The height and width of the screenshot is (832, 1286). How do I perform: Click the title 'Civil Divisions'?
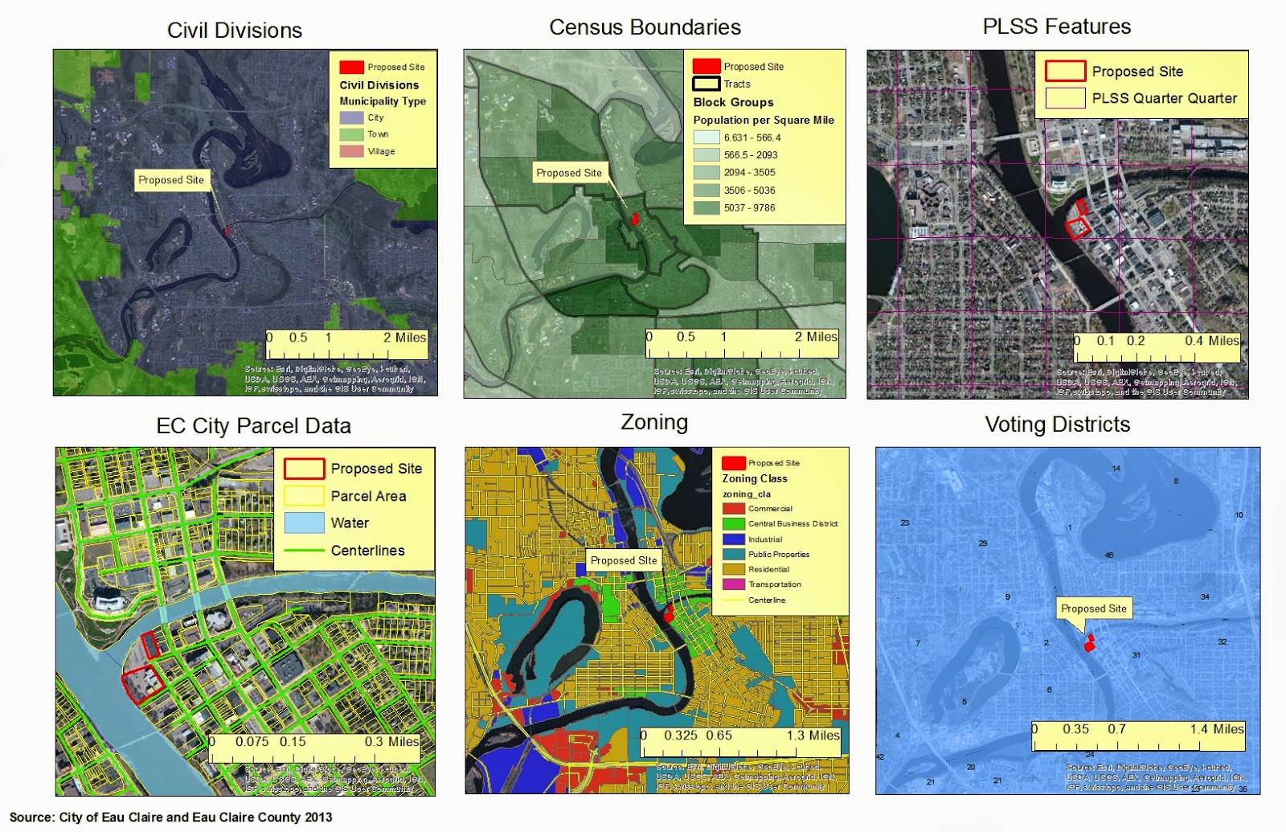(x=235, y=31)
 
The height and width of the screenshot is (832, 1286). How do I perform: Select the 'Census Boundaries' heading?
(x=645, y=27)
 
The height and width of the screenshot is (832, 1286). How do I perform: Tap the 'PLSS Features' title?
(x=1056, y=27)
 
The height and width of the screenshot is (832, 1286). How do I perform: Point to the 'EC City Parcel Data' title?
(x=253, y=426)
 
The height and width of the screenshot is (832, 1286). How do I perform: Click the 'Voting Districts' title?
(x=1057, y=424)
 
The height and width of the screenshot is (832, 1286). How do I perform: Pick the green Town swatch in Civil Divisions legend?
(x=351, y=134)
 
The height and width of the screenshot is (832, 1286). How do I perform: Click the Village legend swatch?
(x=351, y=151)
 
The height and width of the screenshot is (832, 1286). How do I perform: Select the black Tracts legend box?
(x=706, y=84)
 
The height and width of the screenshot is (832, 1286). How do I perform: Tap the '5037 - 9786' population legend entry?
(x=749, y=207)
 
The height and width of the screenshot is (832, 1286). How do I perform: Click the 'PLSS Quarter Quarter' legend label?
(x=1164, y=98)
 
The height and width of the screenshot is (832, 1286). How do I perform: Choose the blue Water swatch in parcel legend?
(x=304, y=523)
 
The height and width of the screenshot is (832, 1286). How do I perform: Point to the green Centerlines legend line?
(x=304, y=551)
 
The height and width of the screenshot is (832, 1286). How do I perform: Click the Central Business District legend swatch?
(x=733, y=524)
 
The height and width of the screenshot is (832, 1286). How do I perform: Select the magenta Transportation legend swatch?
(x=733, y=584)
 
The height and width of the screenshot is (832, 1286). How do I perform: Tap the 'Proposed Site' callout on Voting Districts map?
(x=1093, y=609)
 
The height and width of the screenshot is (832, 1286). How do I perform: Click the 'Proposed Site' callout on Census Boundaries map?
(x=568, y=173)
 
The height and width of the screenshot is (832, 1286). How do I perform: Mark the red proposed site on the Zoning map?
(x=668, y=614)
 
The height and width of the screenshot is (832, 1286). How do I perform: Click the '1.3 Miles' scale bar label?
(x=813, y=736)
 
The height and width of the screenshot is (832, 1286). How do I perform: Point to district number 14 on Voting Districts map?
(x=1116, y=468)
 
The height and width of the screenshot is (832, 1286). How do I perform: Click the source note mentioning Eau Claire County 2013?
(x=170, y=817)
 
